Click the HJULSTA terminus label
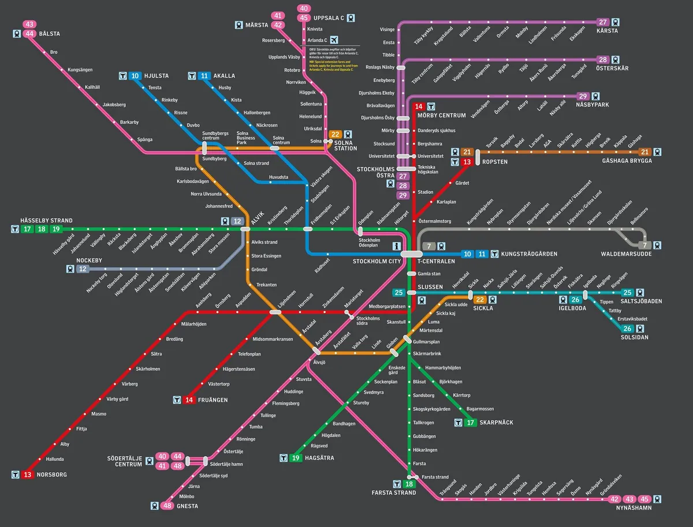(157, 76)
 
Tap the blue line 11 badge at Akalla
(204, 76)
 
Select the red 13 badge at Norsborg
(28, 474)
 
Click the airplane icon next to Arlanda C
(335, 40)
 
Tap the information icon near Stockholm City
(396, 246)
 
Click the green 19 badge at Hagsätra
(296, 458)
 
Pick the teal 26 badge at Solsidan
(628, 328)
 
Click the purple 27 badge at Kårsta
(603, 22)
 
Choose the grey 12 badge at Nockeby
(83, 269)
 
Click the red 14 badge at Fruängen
(189, 399)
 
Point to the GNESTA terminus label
(188, 506)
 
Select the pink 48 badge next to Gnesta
(168, 506)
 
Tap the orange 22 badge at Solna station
(336, 134)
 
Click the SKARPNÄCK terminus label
(497, 423)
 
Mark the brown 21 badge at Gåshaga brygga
(645, 152)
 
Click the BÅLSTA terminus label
(50, 33)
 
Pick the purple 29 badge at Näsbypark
(583, 96)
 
